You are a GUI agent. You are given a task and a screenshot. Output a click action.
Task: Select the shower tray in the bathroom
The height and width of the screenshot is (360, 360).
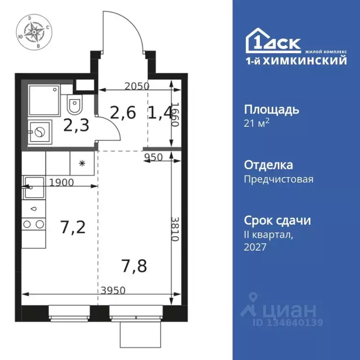pos(44,100)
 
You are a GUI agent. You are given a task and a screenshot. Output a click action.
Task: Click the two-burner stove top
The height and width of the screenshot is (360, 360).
pos(33,225)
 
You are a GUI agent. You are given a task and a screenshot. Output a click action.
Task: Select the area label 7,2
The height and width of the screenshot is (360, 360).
pos(73,228)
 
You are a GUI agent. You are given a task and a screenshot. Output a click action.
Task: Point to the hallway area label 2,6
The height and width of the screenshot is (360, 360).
pos(123,112)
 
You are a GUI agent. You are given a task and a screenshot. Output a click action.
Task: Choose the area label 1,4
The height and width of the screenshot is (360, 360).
pos(160,112)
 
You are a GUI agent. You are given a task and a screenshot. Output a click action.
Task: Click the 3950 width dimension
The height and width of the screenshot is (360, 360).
pos(113,290)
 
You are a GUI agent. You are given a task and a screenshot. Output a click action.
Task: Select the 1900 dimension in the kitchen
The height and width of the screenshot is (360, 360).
pos(61,183)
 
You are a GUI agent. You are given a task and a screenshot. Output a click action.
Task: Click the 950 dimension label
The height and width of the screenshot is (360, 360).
pos(153,157)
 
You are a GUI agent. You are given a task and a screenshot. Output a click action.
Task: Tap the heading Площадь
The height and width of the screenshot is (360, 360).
pos(271,110)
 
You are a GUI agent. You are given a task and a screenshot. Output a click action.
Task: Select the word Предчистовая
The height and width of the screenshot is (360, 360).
pos(278,179)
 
